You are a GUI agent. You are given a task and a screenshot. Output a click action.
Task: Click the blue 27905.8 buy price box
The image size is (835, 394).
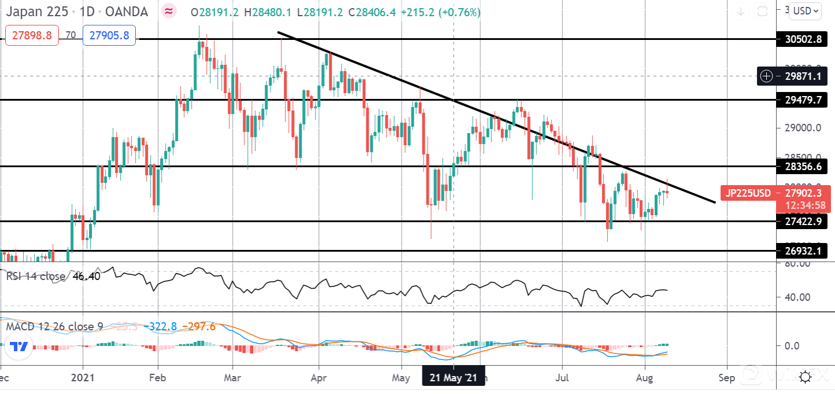point(109,35)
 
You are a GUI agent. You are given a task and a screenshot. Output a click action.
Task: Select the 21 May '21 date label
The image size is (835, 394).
point(454,378)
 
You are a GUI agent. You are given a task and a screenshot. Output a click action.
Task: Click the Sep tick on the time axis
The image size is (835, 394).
point(727,378)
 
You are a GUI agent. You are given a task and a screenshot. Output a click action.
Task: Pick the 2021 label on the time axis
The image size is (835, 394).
point(83,378)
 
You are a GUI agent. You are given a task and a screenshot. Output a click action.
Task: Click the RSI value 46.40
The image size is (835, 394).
point(87,277)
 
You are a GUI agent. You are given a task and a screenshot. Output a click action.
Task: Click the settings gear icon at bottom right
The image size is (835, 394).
point(805,378)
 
